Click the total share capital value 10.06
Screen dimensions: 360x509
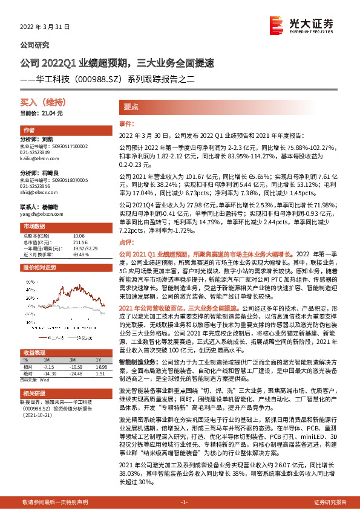(x=79, y=236)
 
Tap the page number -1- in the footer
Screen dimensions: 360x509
(x=184, y=502)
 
